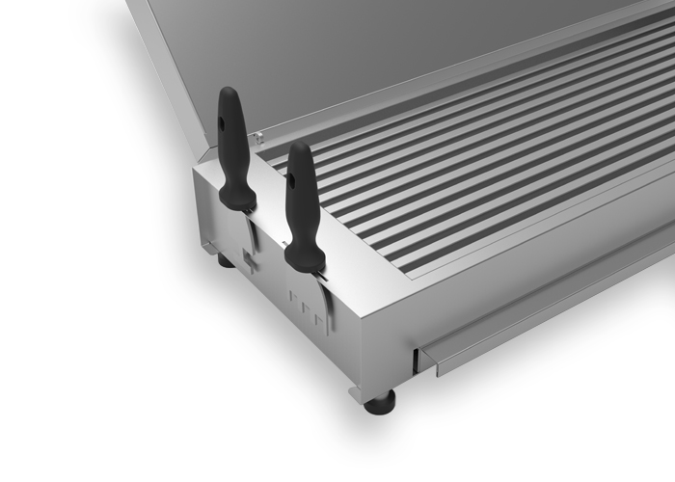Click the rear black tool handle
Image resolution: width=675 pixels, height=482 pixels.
click(x=232, y=145)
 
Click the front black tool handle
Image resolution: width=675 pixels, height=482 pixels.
click(x=302, y=202)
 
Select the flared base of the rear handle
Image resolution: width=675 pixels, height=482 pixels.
click(x=237, y=198)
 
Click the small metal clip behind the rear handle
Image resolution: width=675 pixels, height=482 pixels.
click(x=257, y=138)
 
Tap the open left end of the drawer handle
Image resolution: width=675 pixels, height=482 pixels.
click(x=424, y=360)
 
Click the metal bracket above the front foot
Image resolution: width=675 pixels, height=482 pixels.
click(x=359, y=391)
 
